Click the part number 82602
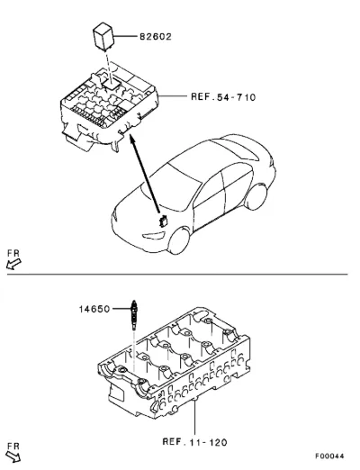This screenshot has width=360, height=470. pyautogui.click(x=156, y=37)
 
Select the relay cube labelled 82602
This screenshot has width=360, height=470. pyautogui.click(x=103, y=35)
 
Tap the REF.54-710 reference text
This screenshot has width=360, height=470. pyautogui.click(x=223, y=97)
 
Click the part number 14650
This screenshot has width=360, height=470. pyautogui.click(x=94, y=309)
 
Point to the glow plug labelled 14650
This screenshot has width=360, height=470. pyautogui.click(x=134, y=315)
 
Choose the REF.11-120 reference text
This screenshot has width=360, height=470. pyautogui.click(x=194, y=442)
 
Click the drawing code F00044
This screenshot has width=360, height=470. pyautogui.click(x=329, y=456)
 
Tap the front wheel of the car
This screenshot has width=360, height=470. pyautogui.click(x=179, y=241)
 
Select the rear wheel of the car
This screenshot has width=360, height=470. pyautogui.click(x=256, y=196)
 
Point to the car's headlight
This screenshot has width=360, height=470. pyautogui.click(x=154, y=236)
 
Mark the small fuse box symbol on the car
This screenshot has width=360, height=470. pyautogui.click(x=163, y=221)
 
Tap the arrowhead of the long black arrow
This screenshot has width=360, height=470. pyautogui.click(x=130, y=138)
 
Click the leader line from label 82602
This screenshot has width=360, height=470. pyautogui.click(x=126, y=36)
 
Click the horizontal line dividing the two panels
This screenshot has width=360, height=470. pyautogui.click(x=177, y=274)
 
